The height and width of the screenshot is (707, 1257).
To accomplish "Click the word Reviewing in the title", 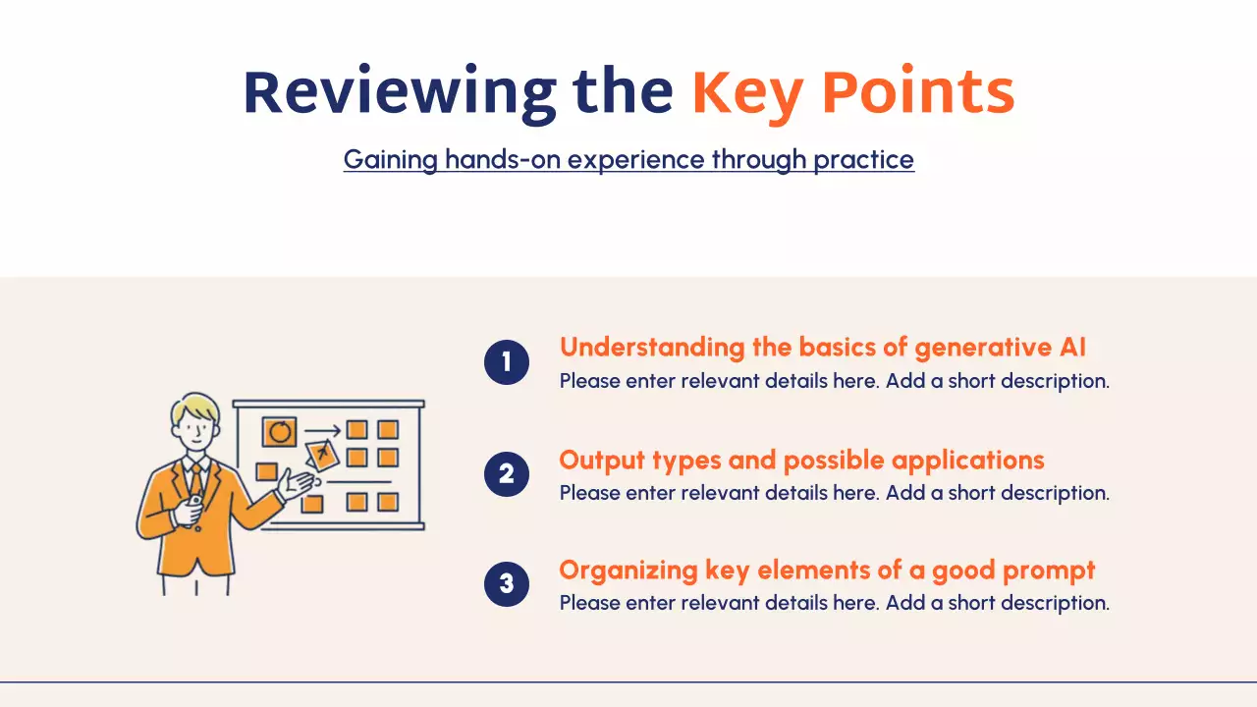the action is click(400, 92).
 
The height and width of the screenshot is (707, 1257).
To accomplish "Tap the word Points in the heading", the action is click(918, 91).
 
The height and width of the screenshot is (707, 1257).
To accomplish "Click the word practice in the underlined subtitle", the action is click(863, 160).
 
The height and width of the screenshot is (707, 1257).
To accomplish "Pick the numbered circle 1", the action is click(507, 362).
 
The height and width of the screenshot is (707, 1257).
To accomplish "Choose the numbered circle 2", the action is click(507, 474).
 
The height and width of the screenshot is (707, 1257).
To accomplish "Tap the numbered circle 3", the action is click(507, 584).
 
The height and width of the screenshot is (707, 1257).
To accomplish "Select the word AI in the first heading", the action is click(1072, 347).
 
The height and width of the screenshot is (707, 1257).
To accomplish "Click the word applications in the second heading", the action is click(967, 462).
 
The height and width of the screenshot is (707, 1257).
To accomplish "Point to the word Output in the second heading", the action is click(602, 461).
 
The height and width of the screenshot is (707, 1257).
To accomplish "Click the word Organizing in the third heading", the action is click(628, 571).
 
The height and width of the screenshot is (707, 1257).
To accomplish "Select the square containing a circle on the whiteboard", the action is click(280, 432).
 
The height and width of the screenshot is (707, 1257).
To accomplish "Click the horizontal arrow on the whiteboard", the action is click(323, 431).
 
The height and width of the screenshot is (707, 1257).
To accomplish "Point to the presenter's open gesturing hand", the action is click(297, 483).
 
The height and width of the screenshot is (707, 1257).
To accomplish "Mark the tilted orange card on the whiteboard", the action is click(322, 454).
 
